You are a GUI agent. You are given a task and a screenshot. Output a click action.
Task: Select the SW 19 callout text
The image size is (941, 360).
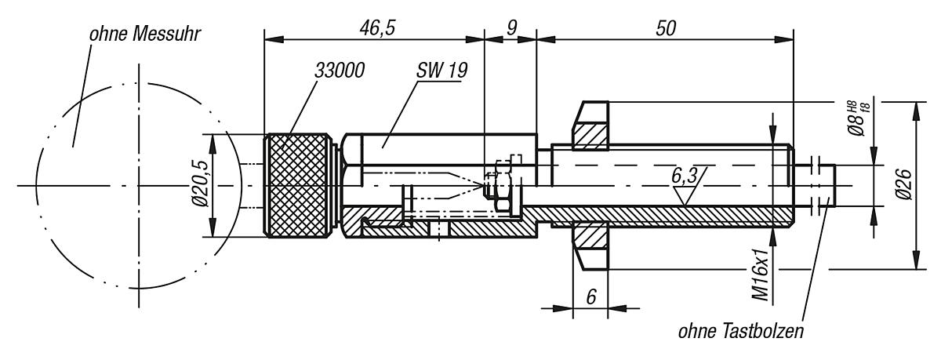[442, 70]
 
